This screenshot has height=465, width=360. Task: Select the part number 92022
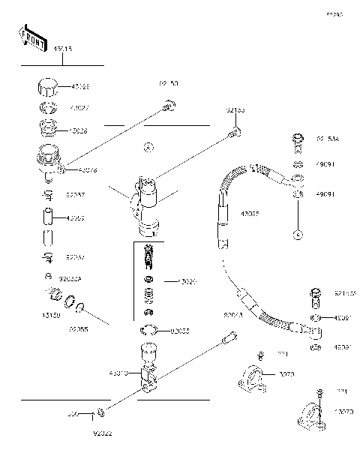coord(102,433)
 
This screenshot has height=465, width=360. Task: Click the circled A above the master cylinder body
coord(149,146)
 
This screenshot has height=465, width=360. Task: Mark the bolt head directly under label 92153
coord(235,134)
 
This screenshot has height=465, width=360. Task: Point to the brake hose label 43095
coord(250,213)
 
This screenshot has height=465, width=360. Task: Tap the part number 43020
coord(186,281)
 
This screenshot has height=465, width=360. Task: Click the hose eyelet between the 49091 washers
coord(297,179)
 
